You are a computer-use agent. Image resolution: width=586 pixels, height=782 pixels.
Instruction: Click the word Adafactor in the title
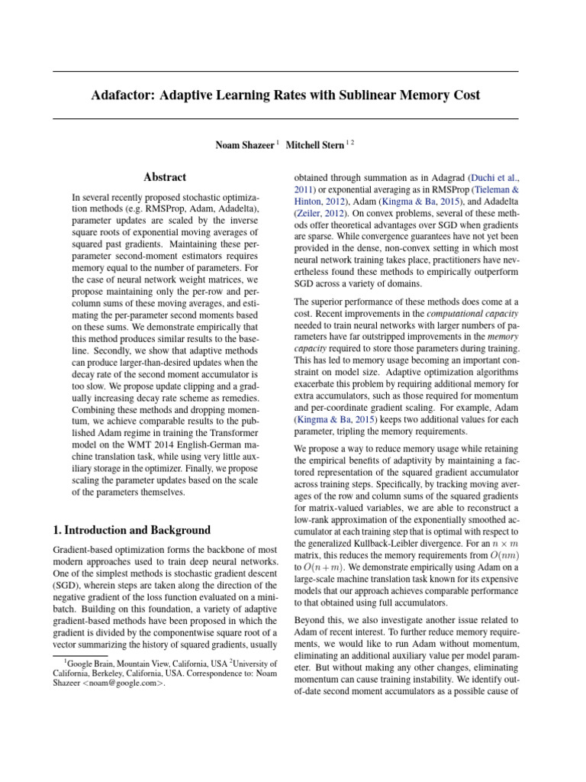pos(125,95)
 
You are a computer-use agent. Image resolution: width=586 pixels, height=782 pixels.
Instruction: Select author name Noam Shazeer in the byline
pos(244,144)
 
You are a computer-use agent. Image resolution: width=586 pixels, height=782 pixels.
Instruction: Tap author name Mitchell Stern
pos(315,144)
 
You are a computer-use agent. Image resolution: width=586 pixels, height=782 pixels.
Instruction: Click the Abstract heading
pos(165,177)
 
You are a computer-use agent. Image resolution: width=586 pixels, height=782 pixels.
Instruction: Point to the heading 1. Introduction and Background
pos(131,530)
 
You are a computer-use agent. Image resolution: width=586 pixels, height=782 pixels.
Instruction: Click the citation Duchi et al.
pos(494,177)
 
